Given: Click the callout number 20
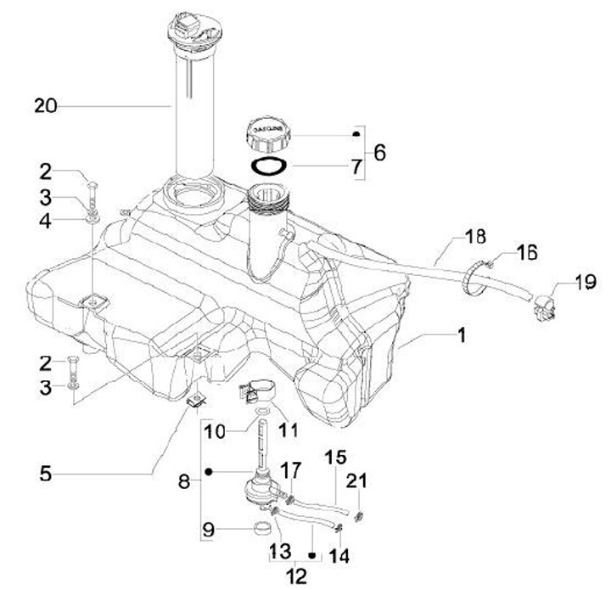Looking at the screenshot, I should coord(45,105).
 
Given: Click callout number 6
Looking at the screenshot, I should coord(378,153).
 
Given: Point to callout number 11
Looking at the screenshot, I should coord(289,430).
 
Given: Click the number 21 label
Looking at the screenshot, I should coord(359,481).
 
